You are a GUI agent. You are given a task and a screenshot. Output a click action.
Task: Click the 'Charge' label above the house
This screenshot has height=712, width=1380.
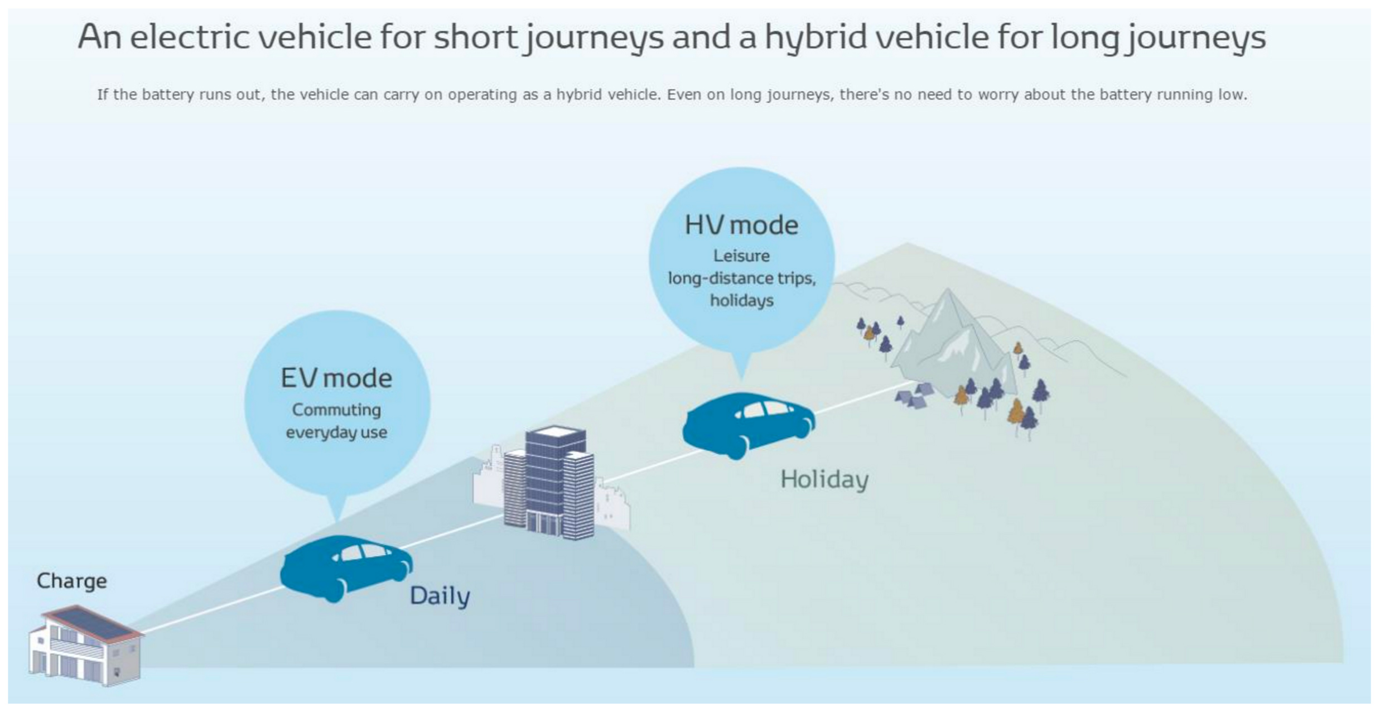pos(71,581)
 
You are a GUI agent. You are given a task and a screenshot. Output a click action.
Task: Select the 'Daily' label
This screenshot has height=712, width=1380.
pos(440,596)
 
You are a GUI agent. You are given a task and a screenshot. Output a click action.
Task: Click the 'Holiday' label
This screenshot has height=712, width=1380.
pos(824,479)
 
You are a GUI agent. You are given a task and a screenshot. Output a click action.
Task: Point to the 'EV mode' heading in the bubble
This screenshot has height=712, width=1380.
pos(336,378)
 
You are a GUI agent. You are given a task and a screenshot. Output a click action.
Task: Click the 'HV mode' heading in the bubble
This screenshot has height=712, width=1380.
pos(741,225)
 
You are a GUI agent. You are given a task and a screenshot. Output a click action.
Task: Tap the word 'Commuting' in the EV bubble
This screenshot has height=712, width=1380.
pos(336,410)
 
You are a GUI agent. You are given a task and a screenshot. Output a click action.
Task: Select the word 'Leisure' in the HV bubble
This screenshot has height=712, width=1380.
pos(741,256)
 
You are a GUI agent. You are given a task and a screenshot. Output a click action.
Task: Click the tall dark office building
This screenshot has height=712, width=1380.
pos(549,483)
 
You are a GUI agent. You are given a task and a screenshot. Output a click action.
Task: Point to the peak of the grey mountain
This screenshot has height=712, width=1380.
pos(947,289)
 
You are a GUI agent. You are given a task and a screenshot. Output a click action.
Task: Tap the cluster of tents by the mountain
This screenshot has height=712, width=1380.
pos(914,396)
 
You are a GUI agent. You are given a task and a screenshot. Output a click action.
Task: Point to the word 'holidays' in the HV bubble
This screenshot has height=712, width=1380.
pos(741,301)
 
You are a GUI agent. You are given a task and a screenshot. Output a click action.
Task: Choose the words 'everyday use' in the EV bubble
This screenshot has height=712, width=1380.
pos(336,433)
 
